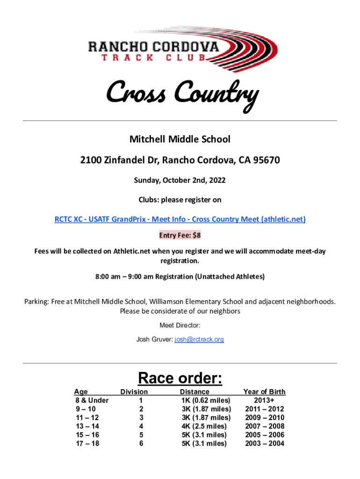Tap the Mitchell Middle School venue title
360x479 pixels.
point(180,139)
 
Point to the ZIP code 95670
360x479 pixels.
point(266,161)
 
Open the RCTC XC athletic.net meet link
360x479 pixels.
point(180,219)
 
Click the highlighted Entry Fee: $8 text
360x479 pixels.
point(180,235)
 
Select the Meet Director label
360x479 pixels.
point(180,325)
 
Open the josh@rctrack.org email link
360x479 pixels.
point(199,339)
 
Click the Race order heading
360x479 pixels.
point(180,377)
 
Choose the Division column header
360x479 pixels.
point(134,392)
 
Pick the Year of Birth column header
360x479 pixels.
point(264,392)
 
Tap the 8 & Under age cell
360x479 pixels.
point(92,400)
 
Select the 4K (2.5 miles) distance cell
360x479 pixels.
point(204,426)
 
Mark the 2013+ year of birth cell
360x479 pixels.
point(264,400)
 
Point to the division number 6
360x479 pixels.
point(141,443)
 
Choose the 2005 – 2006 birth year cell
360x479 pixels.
point(265,435)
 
